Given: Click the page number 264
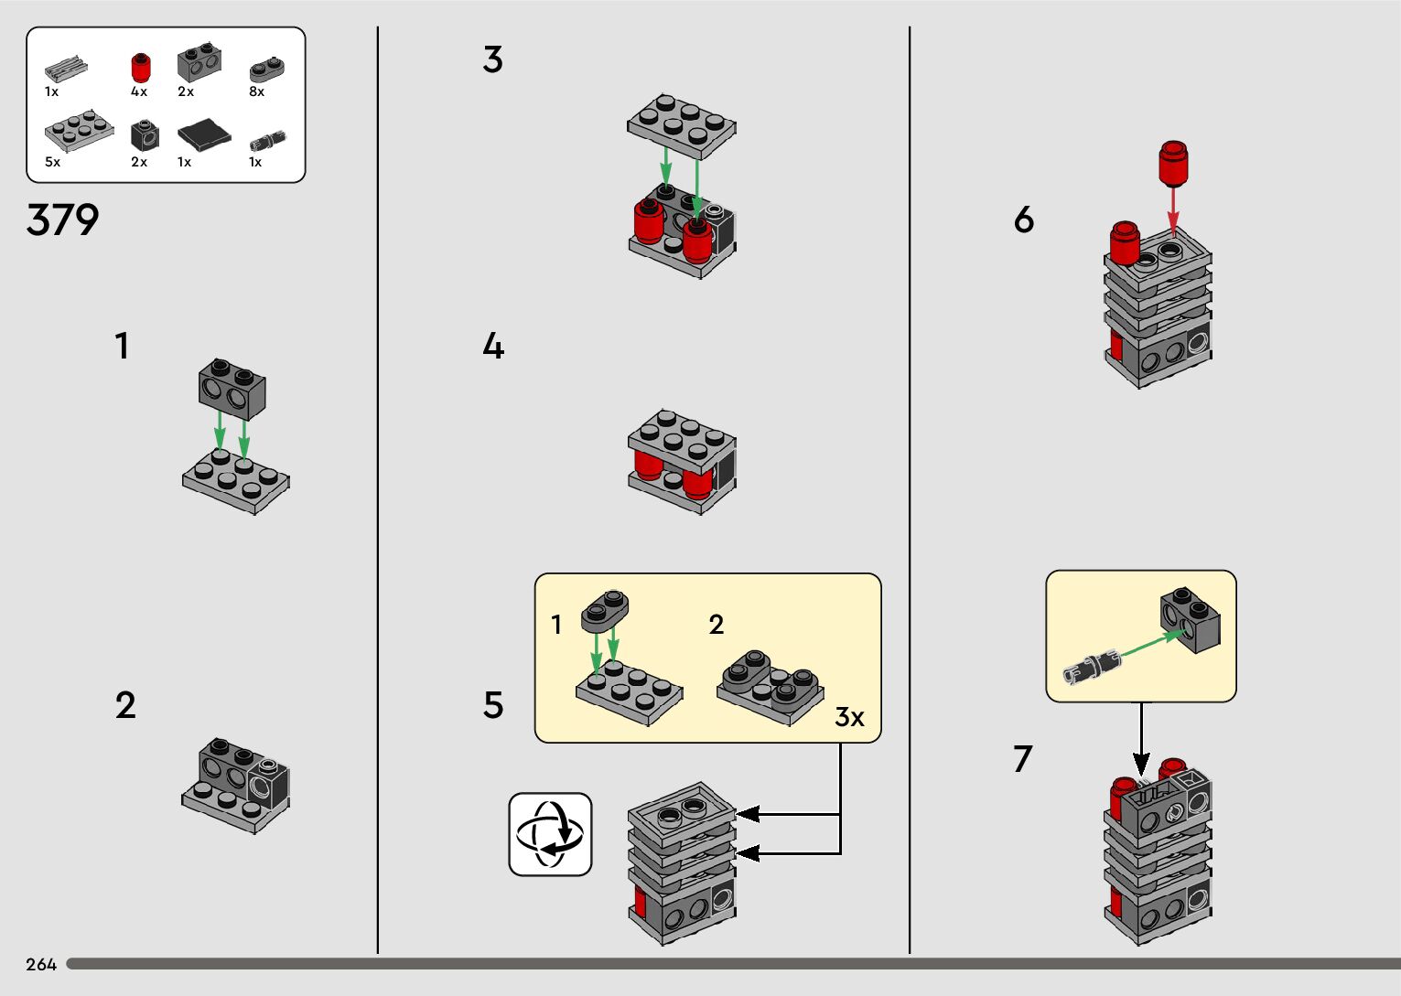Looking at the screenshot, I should pos(41,964).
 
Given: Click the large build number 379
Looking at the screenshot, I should pos(62,220).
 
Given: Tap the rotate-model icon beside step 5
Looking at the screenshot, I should pos(550,834).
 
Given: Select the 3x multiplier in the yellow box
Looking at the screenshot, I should pos(849,717).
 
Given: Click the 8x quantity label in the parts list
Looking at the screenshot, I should pos(257,91).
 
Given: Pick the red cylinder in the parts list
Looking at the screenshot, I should pos(140,68).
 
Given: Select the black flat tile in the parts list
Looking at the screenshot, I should pos(204,135).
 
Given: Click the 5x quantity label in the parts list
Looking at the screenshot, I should pos(52,162).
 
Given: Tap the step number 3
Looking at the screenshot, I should pos(492,60).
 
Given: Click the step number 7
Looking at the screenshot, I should pos(1022,758).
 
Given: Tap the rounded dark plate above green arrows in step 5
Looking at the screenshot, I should pos(604,611).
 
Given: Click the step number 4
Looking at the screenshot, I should pos(493,347).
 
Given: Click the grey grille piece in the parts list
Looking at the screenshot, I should pos(66,68).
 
